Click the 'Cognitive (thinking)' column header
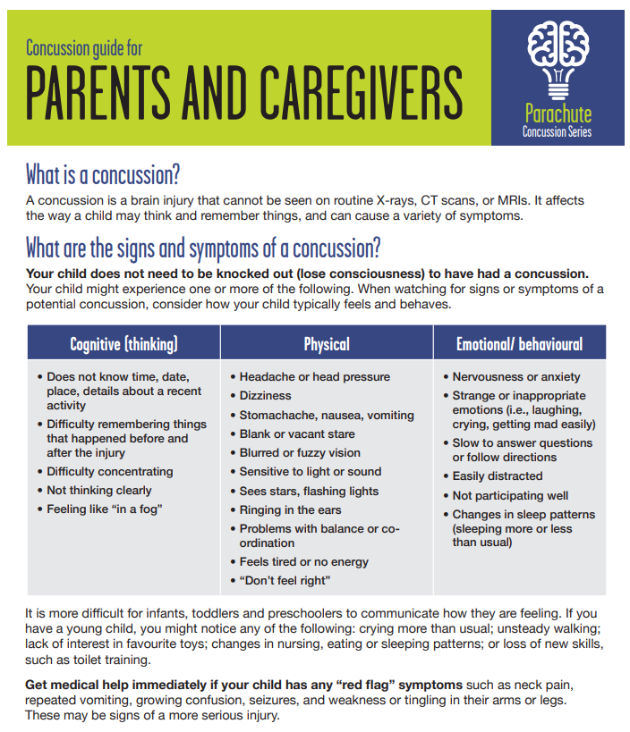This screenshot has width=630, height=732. tap(123, 344)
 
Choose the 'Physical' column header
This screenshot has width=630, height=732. tap(327, 344)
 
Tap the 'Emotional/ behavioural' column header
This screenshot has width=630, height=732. tap(519, 344)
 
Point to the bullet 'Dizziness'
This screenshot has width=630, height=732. tap(265, 395)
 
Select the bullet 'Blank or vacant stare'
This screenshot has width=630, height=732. tap(297, 433)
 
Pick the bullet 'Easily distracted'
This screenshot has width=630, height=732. tap(497, 476)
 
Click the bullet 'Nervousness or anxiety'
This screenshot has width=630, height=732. tap(515, 377)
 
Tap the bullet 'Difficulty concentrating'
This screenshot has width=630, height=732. tap(109, 471)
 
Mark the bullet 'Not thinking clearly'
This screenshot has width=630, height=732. tap(98, 490)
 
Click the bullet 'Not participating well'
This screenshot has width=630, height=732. tap(509, 495)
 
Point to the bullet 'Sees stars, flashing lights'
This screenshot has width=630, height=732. tap(309, 491)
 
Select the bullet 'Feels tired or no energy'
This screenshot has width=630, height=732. tap(303, 562)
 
